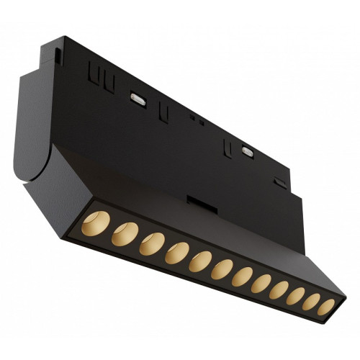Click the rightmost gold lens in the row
point(326,309)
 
